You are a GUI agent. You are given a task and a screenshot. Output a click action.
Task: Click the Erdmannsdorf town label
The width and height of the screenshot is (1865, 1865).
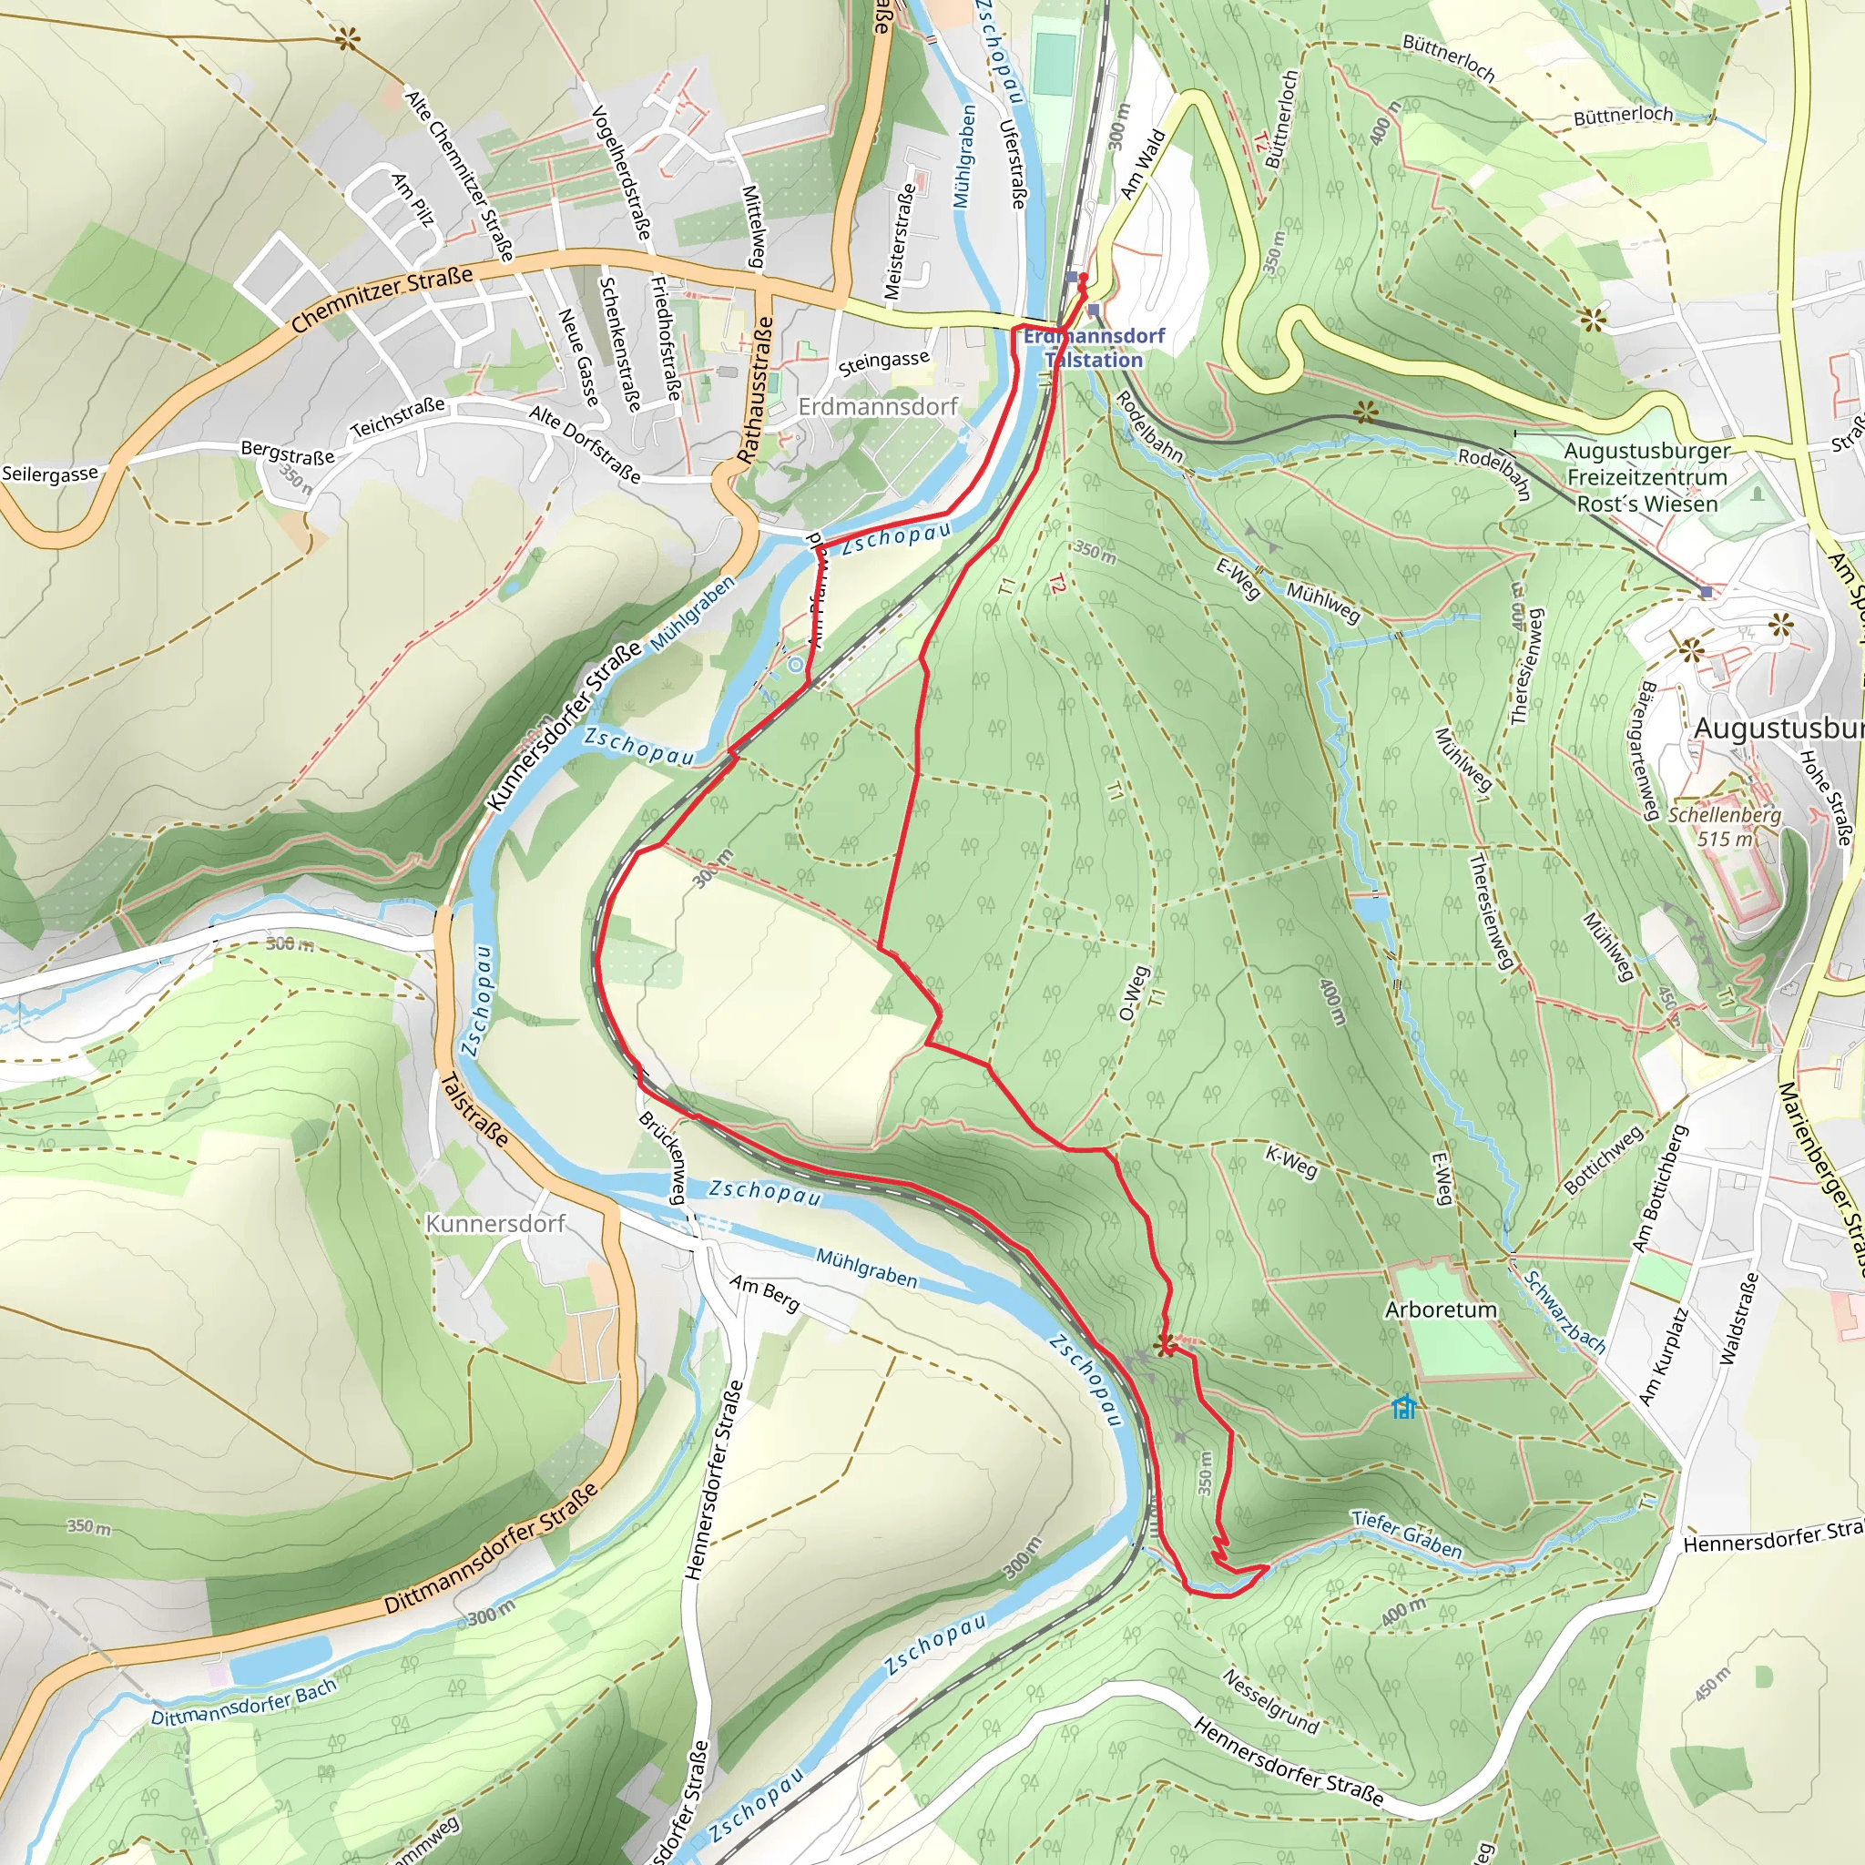pos(878,406)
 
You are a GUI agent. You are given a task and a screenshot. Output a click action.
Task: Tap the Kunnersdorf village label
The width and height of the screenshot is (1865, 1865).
pos(495,1224)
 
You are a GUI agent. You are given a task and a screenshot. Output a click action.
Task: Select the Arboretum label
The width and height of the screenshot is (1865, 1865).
pos(1441,1310)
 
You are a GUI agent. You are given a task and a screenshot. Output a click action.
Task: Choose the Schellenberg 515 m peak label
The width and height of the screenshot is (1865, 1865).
pos(1724,826)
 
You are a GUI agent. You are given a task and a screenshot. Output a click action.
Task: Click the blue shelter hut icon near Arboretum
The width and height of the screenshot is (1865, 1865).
pos(1403,1408)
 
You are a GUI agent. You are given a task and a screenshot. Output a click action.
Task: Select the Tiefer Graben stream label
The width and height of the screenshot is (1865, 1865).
pos(1406,1534)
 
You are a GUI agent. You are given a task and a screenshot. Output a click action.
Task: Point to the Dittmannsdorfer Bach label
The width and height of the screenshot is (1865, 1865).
pos(244,1702)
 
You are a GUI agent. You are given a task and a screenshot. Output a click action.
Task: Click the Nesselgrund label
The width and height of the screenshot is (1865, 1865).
pos(1270,1701)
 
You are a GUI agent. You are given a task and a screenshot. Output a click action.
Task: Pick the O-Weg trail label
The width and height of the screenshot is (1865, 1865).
pos(1135,994)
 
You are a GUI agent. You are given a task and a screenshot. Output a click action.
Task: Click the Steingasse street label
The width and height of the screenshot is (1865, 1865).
pos(883,363)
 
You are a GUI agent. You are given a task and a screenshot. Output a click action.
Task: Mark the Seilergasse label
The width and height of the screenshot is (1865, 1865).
pos(50,474)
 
